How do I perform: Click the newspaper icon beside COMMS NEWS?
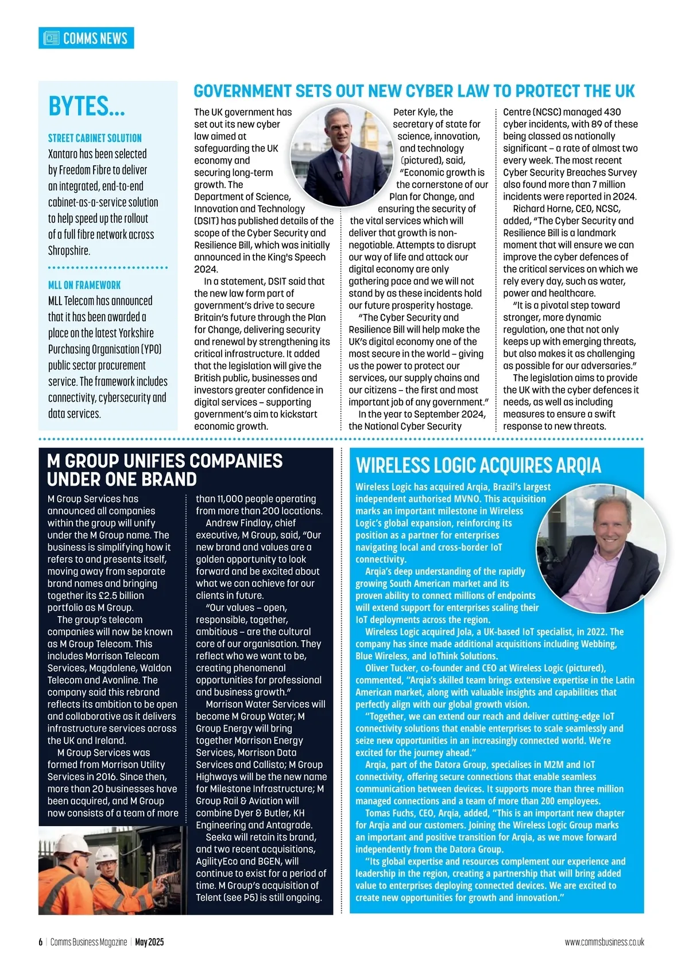pos(52,38)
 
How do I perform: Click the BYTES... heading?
pos(86,107)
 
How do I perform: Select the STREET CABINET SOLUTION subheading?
pos(95,138)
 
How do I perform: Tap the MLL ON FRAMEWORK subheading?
pos(84,285)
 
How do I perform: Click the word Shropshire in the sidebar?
pos(69,251)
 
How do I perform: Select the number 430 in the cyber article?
pos(612,112)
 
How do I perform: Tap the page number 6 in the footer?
pos(41,942)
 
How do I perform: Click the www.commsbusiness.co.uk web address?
pos(604,942)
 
